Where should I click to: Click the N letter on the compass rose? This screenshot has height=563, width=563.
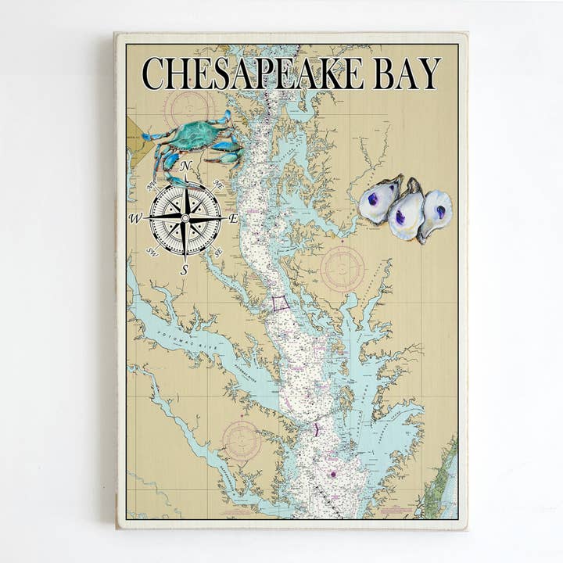[x=186, y=166]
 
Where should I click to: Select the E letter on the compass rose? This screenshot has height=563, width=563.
[x=233, y=219]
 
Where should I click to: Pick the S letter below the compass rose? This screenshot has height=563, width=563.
[x=185, y=270]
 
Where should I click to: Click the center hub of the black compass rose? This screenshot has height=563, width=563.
[x=185, y=217]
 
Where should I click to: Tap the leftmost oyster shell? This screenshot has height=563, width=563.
[x=379, y=199]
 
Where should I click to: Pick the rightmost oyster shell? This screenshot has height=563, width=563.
[x=436, y=213]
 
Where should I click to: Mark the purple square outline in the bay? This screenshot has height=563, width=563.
[x=280, y=303]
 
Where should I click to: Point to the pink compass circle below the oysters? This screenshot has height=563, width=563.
[x=342, y=268]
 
